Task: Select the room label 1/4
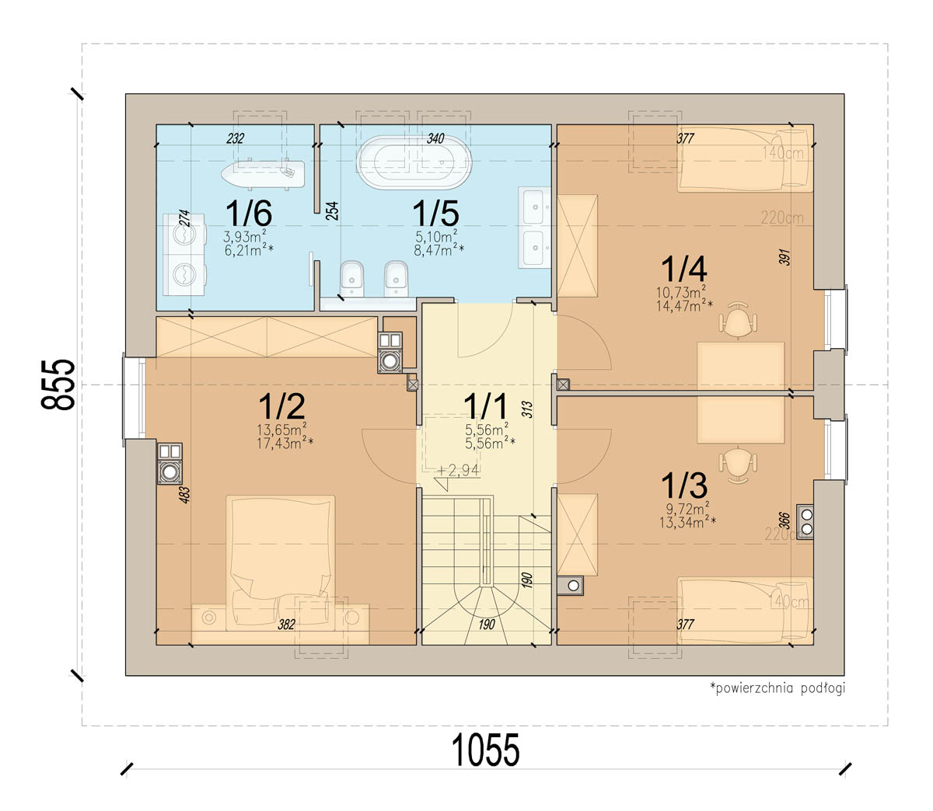(684, 269)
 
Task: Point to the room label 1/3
(684, 486)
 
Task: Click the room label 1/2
(281, 406)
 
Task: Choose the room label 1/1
(485, 406)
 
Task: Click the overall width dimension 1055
(485, 750)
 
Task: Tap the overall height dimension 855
(58, 385)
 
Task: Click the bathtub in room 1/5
(414, 162)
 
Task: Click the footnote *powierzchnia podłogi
(777, 688)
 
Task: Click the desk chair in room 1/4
(738, 320)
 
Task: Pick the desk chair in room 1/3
(738, 465)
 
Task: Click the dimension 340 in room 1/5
(435, 138)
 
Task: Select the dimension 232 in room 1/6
(236, 138)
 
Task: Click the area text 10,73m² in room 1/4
(681, 291)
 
